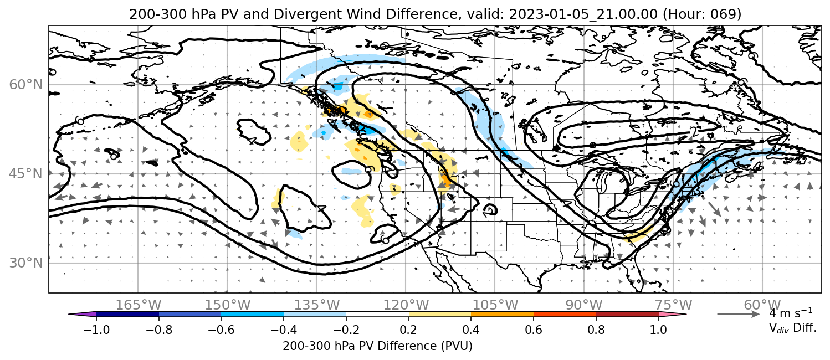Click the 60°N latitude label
[26, 85]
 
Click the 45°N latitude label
[26, 174]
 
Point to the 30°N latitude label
[26, 263]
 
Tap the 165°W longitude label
[139, 305]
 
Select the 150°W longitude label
[228, 305]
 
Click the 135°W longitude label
[317, 305]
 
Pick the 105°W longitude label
[495, 305]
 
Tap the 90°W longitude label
[584, 305]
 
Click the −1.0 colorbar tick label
[96, 330]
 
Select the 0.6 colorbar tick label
[534, 330]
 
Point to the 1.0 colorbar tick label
[658, 330]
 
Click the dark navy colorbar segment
[127, 315]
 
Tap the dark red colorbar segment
[627, 315]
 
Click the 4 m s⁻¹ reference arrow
[739, 314]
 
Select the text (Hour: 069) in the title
[701, 14]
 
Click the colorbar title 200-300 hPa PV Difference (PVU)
[377, 346]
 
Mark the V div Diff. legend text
[792, 328]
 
